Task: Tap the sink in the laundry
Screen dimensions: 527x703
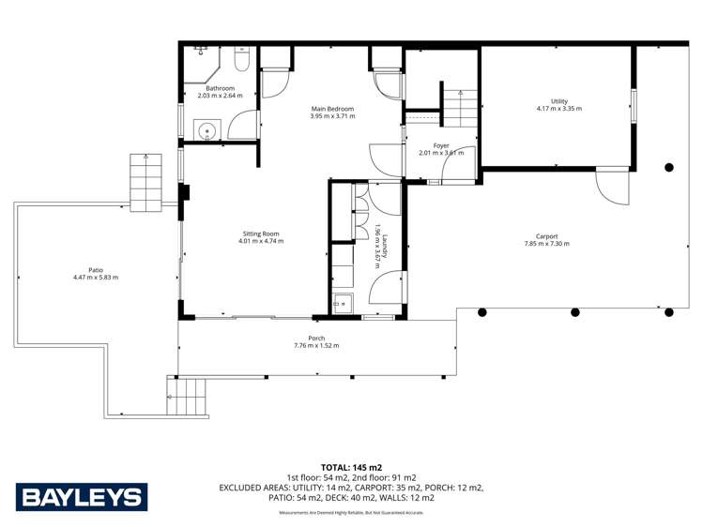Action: pyautogui.click(x=343, y=302)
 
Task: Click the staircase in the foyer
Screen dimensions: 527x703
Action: pyautogui.click(x=459, y=109)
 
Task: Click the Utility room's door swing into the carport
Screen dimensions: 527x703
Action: pyautogui.click(x=611, y=188)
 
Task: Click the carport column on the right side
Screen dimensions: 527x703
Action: pyautogui.click(x=669, y=168)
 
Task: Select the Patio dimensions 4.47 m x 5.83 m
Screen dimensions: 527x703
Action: pyautogui.click(x=96, y=278)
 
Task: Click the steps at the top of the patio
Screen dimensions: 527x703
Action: pyautogui.click(x=146, y=182)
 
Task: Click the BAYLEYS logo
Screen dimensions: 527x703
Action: pyautogui.click(x=82, y=497)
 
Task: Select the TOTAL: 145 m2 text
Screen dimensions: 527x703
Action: pyautogui.click(x=351, y=467)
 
